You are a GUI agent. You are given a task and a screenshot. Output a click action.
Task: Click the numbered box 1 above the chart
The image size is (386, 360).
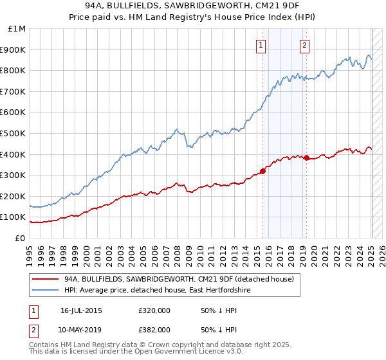coord(261,45)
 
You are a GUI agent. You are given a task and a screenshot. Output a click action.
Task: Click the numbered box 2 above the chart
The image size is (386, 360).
coord(304,45)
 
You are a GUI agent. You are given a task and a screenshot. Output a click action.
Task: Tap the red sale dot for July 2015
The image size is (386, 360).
coord(262,170)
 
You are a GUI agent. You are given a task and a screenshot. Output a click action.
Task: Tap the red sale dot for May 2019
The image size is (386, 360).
coord(307,157)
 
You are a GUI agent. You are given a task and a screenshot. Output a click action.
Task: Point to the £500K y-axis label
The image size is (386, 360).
coord(14,133)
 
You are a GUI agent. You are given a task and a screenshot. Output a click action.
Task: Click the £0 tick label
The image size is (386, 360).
coord(21,238)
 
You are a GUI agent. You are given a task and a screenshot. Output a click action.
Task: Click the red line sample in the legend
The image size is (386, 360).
coord(46,279)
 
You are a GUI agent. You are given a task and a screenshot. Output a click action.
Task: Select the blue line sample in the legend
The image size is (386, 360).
coord(46,291)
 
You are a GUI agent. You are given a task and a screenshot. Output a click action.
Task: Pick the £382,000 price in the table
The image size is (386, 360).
coord(154,329)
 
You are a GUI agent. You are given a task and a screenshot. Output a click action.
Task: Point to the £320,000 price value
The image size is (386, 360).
coord(154,311)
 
